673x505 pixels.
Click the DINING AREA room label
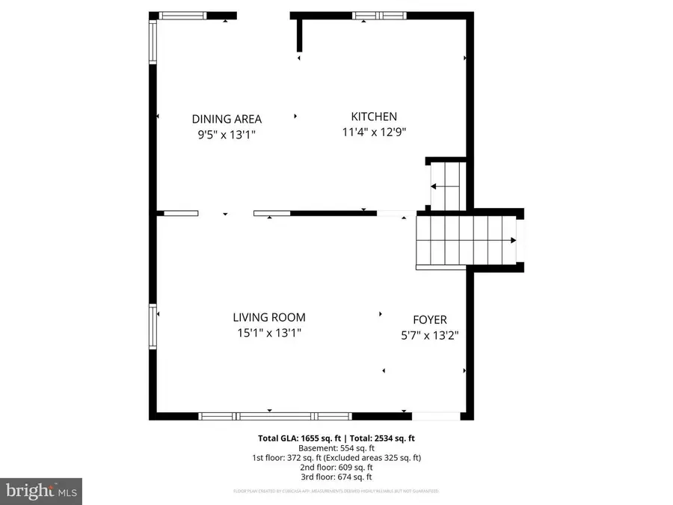click(x=227, y=118)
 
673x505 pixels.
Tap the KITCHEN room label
click(x=374, y=116)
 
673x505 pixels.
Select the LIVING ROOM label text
click(x=268, y=317)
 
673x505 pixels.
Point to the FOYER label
click(x=430, y=319)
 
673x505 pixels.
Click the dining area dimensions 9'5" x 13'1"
click(x=227, y=135)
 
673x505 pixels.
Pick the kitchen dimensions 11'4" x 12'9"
click(x=374, y=132)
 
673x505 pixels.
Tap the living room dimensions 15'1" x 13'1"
click(x=268, y=334)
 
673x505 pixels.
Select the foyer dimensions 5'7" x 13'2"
click(x=430, y=336)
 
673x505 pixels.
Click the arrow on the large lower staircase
click(x=512, y=240)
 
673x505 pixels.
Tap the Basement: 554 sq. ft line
click(x=336, y=448)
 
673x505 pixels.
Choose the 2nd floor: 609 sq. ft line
click(x=336, y=467)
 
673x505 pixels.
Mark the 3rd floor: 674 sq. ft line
click(x=336, y=477)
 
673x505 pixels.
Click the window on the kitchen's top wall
click(x=379, y=15)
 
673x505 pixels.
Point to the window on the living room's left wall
click(x=153, y=326)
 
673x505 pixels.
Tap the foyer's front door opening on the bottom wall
click(x=436, y=416)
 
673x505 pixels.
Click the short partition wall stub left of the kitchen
click(x=299, y=34)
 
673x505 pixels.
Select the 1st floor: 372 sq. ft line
click(x=336, y=457)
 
